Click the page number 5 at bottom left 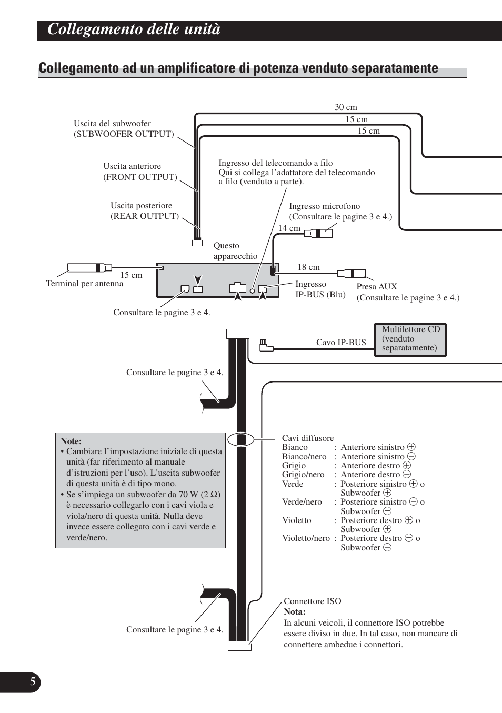pos(33,682)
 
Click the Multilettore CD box pos(410,339)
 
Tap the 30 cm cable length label pos(346,107)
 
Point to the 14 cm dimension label pos(289,228)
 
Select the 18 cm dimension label pos(308,267)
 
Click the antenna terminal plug pos(89,267)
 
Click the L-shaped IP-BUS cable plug pos(266,345)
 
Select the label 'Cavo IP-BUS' pos(340,343)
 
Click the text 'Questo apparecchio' pos(235,251)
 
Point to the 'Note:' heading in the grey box pos(71,441)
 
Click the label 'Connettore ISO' pos(312,601)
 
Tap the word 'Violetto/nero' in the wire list pos(306,538)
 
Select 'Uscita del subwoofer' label pos(112,124)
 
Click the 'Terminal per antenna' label pos(84,284)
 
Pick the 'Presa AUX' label pos(377,287)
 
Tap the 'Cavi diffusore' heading pos(308,438)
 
